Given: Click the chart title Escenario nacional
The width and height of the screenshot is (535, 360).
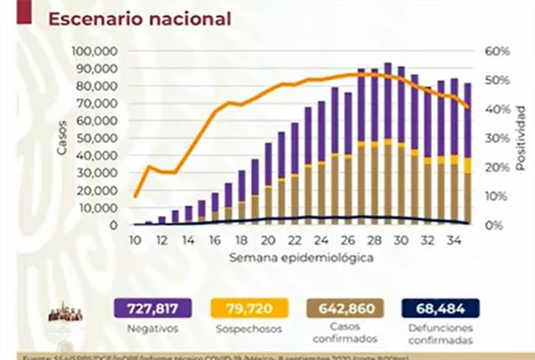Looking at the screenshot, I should [139, 18].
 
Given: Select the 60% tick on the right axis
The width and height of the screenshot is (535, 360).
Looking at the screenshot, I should [498, 51].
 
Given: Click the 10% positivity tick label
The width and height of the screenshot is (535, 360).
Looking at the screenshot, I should [497, 196].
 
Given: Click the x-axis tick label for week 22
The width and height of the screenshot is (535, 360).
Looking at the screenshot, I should [294, 240].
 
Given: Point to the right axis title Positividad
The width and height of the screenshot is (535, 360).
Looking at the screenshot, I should [520, 138].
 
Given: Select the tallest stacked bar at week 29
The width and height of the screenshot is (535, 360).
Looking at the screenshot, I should [388, 144].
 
